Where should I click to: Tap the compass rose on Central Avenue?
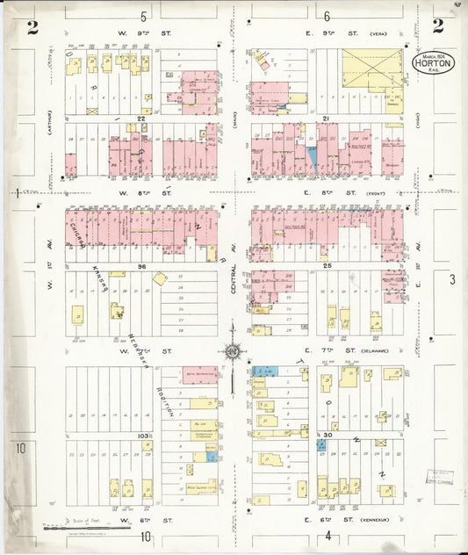tap(234, 352)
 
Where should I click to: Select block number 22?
tap(140, 118)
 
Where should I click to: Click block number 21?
tap(325, 118)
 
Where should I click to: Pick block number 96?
tap(140, 265)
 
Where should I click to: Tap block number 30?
tap(327, 435)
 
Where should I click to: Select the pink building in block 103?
tap(201, 373)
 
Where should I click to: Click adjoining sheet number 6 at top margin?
tap(327, 16)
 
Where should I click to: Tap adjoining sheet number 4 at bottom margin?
tap(327, 536)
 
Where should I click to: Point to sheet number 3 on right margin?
tap(451, 279)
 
